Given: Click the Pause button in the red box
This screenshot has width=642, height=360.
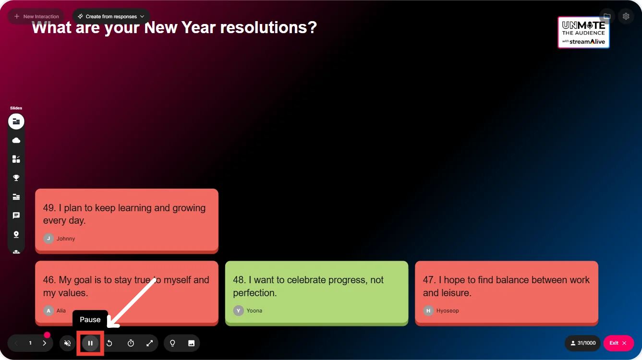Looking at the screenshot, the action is coord(90,343).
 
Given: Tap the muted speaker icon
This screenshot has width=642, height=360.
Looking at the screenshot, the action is coord(67,343).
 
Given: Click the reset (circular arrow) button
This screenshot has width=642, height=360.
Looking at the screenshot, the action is coord(109,343).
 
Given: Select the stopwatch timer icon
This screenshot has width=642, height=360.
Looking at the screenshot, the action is coord(131,343).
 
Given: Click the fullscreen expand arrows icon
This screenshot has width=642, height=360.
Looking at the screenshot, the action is coord(150,343).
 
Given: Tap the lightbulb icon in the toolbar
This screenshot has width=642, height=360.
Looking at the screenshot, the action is coord(172,343).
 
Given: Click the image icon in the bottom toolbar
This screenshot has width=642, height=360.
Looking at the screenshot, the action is coord(191,343).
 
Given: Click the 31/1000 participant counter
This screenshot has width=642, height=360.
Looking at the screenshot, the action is coord(582,343).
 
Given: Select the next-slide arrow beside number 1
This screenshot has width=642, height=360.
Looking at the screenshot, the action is coord(45,343).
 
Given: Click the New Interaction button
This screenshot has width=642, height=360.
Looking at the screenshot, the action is coord(36,16).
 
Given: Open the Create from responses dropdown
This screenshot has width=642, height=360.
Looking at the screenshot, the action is coord(111,16).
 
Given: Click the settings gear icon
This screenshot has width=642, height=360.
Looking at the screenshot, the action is coord(626,16).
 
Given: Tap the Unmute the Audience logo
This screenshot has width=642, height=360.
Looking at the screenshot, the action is coord(583,32).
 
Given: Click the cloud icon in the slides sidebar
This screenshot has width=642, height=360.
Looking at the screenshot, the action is coord(16,140).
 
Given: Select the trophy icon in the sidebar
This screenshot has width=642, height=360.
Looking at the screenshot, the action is coord(16,178).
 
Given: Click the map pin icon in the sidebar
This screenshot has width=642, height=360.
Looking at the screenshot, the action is coord(16,234).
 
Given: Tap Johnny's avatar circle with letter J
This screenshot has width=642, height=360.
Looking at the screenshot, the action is coord(48,238).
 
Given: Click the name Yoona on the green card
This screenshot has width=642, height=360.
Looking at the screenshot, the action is coord(254,311).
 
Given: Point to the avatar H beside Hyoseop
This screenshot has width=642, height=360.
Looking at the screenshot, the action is coord(428,311).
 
